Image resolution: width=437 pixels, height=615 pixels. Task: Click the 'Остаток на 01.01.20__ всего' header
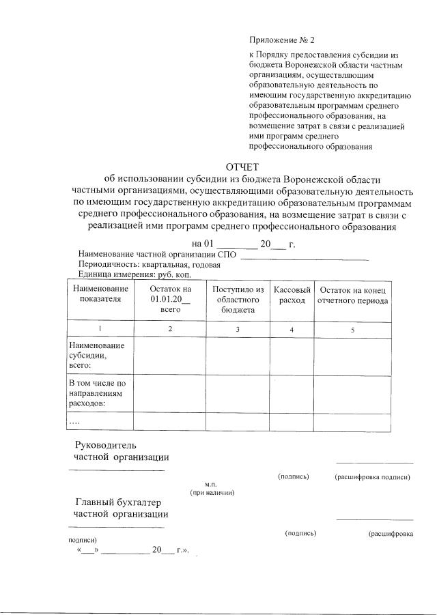(170, 299)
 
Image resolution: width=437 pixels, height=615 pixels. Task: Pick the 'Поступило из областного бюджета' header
(238, 300)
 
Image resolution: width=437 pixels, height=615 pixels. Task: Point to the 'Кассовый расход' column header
(292, 295)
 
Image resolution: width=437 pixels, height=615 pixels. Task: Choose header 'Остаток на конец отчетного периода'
(353, 295)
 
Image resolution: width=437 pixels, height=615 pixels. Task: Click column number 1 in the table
(100, 329)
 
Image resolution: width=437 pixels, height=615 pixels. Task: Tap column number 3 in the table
(238, 330)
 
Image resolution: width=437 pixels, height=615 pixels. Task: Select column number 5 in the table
(353, 330)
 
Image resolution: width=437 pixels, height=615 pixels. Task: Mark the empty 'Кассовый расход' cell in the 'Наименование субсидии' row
(292, 356)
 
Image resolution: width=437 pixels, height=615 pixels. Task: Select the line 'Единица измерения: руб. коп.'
(134, 274)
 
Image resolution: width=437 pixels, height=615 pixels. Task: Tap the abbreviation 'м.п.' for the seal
(211, 484)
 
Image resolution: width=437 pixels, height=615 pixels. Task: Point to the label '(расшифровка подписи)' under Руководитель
(372, 476)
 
